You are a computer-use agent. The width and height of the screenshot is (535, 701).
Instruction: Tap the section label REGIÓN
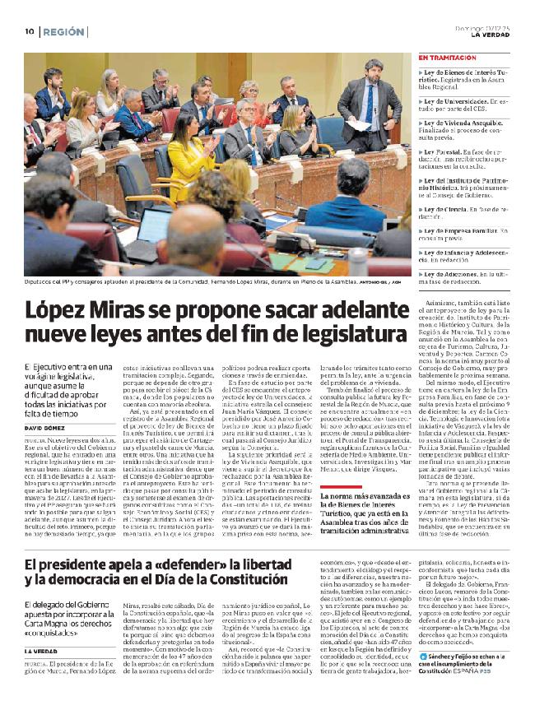tap(64, 31)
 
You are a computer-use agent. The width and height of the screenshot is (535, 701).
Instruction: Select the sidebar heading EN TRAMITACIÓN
tap(448, 58)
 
